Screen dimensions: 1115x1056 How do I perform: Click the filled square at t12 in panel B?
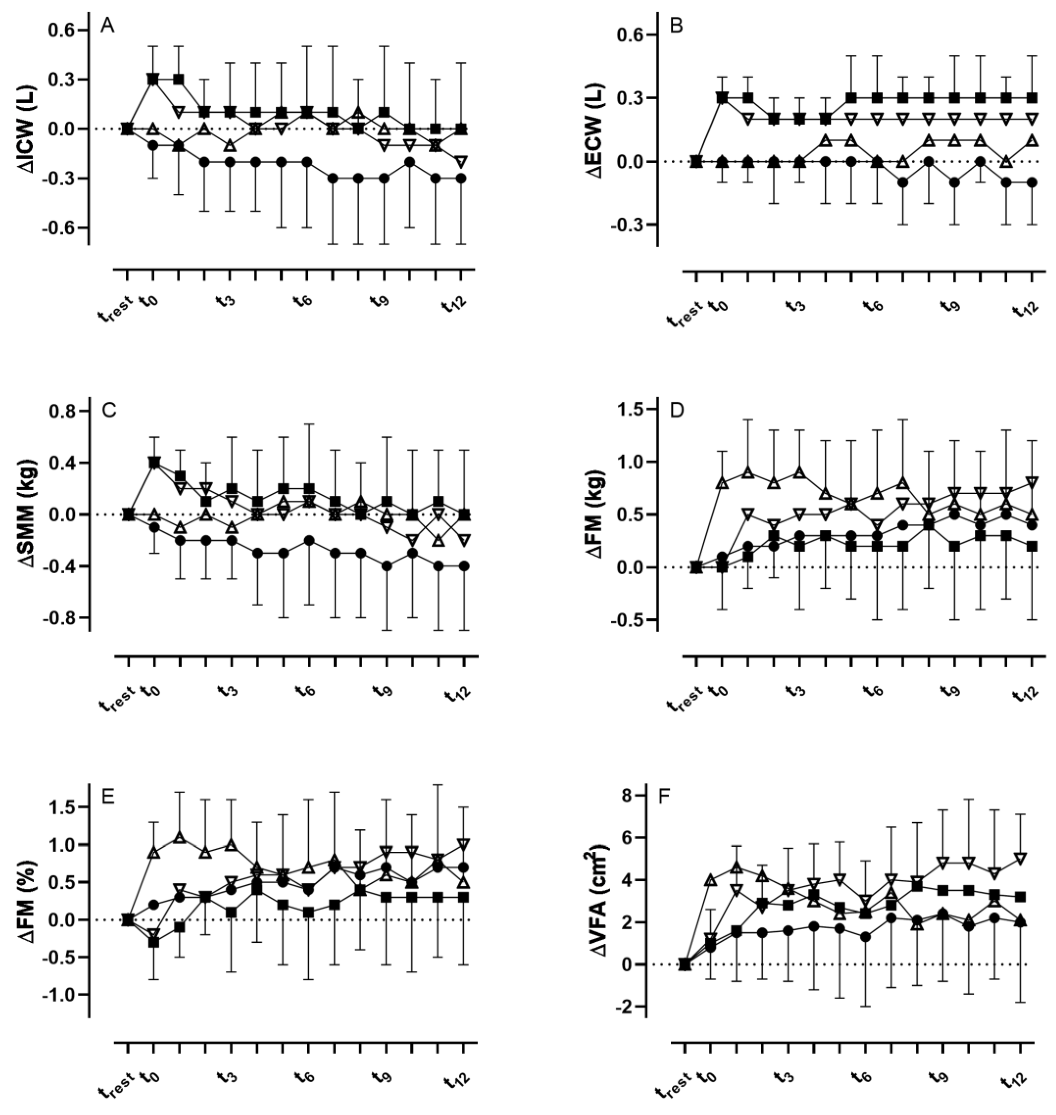[x=1032, y=98]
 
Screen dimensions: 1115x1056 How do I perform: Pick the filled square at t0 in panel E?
[x=153, y=942]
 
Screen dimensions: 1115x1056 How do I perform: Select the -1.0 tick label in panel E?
[x=60, y=995]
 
